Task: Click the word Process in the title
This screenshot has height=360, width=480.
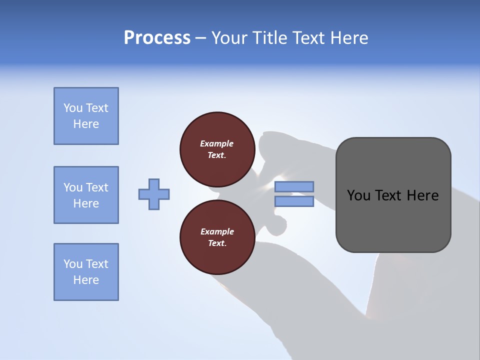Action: tap(157, 38)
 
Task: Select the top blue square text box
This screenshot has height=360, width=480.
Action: tap(86, 116)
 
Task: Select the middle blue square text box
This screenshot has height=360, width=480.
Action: tap(86, 195)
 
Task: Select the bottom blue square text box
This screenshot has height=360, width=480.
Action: tap(86, 272)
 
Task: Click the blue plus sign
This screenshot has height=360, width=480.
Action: tap(154, 194)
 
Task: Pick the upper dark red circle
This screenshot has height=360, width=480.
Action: tap(217, 149)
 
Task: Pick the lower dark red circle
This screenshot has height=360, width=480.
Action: tap(217, 237)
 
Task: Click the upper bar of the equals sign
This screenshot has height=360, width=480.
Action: tap(294, 187)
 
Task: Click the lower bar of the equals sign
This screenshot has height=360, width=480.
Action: tap(294, 201)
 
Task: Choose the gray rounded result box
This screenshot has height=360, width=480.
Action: tap(393, 195)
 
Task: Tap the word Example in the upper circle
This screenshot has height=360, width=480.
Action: tap(217, 143)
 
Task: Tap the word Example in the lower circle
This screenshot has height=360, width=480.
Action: tap(217, 231)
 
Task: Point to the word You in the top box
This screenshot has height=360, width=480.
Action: tap(73, 108)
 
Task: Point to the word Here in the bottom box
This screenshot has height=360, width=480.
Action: tap(86, 280)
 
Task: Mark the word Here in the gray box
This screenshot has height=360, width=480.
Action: tap(422, 195)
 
